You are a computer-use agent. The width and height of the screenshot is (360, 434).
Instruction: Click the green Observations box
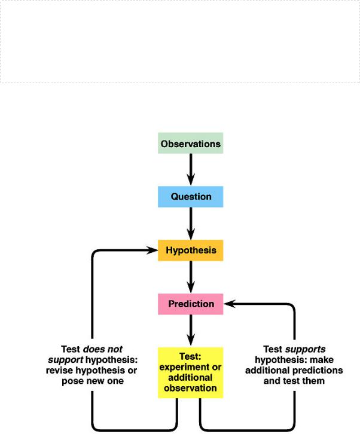tap(191, 143)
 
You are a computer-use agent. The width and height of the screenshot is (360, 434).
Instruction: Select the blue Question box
tap(191, 197)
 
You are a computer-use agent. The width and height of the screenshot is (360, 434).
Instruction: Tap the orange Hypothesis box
tap(191, 250)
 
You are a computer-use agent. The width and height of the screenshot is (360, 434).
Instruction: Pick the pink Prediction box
tap(191, 304)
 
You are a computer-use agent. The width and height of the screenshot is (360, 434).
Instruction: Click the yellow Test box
tap(191, 372)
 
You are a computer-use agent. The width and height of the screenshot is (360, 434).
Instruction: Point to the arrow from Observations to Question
tap(191, 169)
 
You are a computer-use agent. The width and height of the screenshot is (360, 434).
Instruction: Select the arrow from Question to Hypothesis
tap(191, 224)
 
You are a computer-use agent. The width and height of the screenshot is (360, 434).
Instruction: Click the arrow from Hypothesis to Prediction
tap(191, 277)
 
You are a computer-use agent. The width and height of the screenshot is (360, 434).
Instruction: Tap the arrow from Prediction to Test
tap(191, 331)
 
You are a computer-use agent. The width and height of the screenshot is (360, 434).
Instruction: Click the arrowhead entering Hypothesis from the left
tap(152, 250)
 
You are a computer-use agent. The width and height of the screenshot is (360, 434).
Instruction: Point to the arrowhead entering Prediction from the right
tap(230, 304)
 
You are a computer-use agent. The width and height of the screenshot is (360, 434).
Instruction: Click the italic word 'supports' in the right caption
tap(305, 349)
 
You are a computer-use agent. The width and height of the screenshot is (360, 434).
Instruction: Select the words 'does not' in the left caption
tap(103, 349)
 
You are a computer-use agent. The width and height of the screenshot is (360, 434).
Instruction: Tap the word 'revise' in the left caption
tap(60, 371)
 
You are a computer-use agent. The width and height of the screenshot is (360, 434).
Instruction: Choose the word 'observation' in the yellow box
tap(190, 388)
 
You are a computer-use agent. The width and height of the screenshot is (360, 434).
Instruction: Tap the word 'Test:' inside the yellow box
tap(190, 356)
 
